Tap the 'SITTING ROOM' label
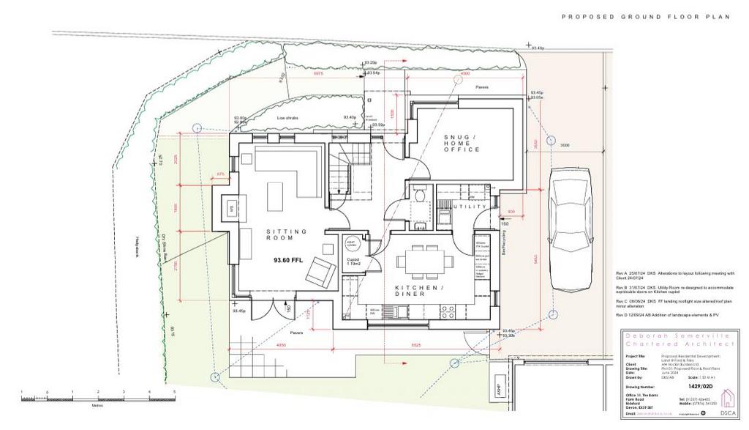(x=280, y=234)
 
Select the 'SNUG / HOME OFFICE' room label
(x=462, y=144)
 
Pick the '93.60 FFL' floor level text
(x=288, y=260)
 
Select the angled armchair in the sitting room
(x=321, y=273)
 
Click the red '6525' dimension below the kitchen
(x=416, y=344)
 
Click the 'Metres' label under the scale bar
(x=97, y=403)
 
